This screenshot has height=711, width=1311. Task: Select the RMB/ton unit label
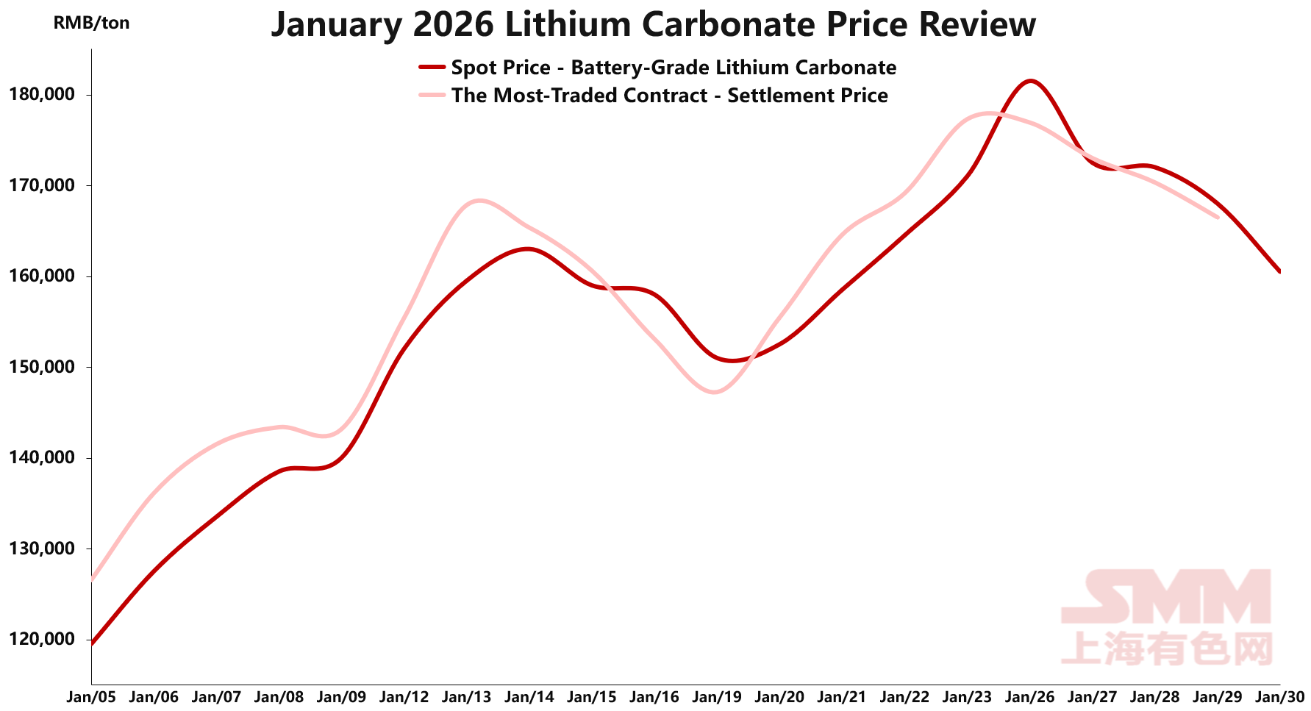[x=91, y=24]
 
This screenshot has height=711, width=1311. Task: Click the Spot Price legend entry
[x=673, y=68]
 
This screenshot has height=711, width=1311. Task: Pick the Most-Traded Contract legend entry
[x=669, y=96]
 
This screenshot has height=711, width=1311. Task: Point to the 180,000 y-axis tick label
[x=41, y=95]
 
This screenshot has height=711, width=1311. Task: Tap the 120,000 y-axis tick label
[x=41, y=640]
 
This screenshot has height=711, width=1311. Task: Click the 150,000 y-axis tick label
[x=41, y=367]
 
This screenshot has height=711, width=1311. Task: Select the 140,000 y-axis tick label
[x=41, y=458]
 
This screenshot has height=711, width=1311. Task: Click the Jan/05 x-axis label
[x=91, y=697]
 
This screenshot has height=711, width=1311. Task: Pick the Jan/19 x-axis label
[x=717, y=697]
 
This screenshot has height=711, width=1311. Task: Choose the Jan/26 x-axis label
[x=1030, y=697]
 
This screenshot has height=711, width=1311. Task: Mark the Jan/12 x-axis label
[x=404, y=697]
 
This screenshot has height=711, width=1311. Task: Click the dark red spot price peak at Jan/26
[x=1030, y=81]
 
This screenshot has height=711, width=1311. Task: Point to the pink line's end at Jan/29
[x=1218, y=217]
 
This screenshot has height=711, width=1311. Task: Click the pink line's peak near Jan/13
[x=479, y=200]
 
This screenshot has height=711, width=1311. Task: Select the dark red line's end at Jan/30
[x=1279, y=271]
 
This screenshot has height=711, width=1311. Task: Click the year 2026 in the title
[x=454, y=25]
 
